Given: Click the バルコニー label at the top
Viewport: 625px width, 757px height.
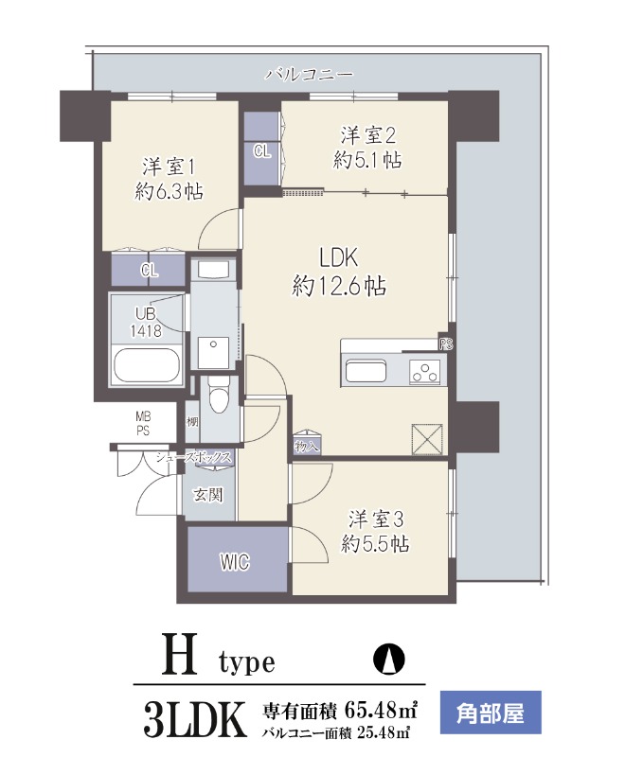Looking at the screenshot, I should point(309,73).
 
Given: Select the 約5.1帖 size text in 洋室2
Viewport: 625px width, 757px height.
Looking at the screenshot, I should point(366,161).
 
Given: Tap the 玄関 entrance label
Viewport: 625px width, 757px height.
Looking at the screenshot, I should point(209,493).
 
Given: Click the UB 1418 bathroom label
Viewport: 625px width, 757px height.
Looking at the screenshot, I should point(145,323).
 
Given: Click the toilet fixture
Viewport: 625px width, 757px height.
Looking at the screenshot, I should point(219,396).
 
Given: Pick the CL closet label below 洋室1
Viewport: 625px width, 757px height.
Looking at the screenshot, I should point(149,270).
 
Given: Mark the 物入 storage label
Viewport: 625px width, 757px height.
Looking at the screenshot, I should point(307,445).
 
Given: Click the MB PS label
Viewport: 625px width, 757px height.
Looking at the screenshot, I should point(143,423).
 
